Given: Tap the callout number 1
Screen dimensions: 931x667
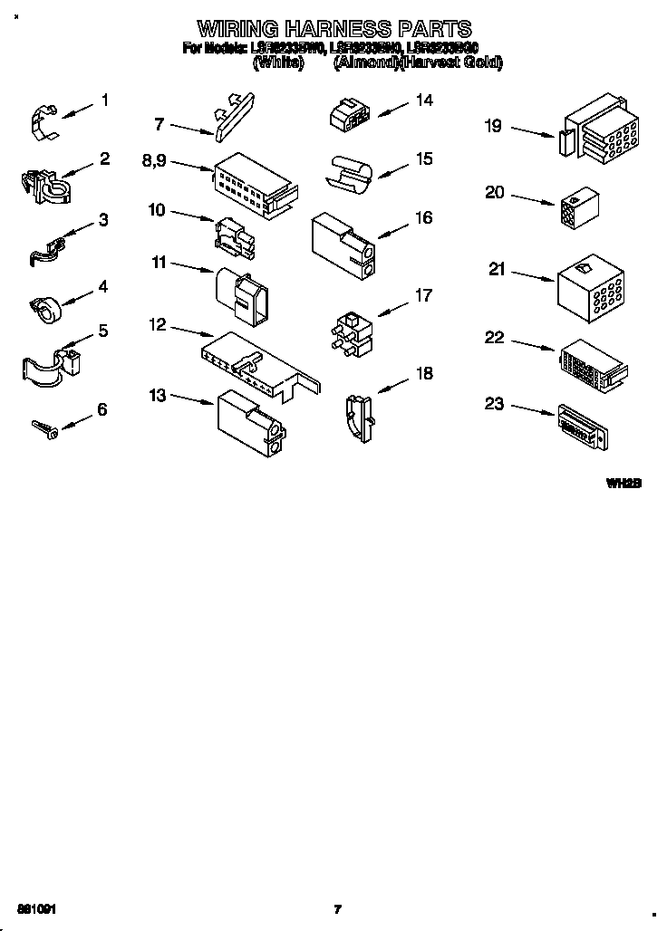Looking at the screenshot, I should pyautogui.click(x=105, y=101).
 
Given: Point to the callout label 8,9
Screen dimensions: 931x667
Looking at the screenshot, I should pyautogui.click(x=154, y=160).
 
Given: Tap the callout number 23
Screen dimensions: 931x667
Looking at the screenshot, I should pyautogui.click(x=494, y=404).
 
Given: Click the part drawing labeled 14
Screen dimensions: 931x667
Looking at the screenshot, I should pyautogui.click(x=349, y=113).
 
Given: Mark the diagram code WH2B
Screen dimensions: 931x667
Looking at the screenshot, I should pyautogui.click(x=623, y=484).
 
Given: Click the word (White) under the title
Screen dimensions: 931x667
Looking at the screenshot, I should pyautogui.click(x=278, y=62).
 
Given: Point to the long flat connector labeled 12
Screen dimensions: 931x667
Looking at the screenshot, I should pyautogui.click(x=258, y=361).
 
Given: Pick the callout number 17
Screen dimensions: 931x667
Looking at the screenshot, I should pyautogui.click(x=423, y=295).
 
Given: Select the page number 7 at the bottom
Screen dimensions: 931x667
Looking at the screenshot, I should pyautogui.click(x=337, y=908).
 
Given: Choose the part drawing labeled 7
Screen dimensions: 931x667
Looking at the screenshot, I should pyautogui.click(x=233, y=114).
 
